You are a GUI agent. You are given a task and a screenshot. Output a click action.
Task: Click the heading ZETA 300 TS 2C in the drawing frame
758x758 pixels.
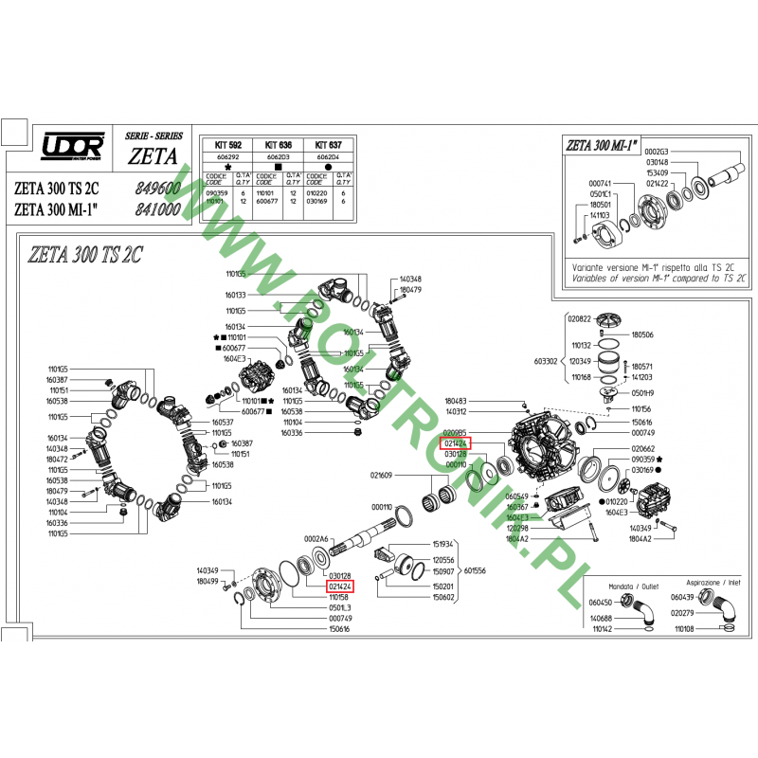click(x=86, y=253)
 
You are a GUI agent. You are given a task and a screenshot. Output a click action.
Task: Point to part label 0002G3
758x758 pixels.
click(x=657, y=152)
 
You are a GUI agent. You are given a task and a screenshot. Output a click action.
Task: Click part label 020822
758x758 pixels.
click(x=579, y=319)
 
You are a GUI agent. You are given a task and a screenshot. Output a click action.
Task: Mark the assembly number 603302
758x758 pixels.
click(x=547, y=361)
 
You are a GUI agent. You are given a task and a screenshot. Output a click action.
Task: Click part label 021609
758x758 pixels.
click(x=381, y=475)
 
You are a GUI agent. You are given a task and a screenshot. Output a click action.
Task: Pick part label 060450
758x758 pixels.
click(x=600, y=602)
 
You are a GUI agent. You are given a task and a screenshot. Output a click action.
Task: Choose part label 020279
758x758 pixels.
click(x=683, y=613)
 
